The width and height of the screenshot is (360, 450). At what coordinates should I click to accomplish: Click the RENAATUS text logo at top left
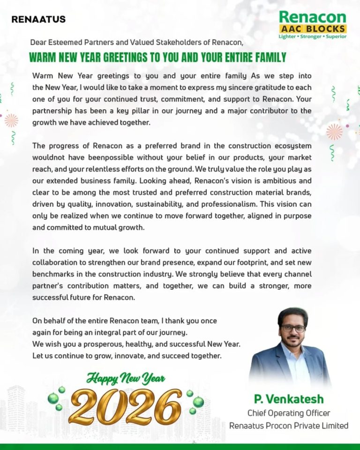[x=38, y=20]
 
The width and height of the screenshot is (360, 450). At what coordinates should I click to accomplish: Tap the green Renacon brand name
[x=312, y=18]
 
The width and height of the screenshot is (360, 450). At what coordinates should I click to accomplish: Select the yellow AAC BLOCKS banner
[x=312, y=28]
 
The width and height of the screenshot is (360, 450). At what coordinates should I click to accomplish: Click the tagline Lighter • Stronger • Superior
[x=312, y=36]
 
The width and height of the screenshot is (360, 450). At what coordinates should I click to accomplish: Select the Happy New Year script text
[x=126, y=378]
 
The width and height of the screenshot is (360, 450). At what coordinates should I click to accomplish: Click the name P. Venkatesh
[x=289, y=399]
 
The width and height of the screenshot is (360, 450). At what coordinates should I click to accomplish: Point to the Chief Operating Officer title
[x=289, y=413]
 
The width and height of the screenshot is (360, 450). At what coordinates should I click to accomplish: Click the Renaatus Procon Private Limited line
[x=289, y=426]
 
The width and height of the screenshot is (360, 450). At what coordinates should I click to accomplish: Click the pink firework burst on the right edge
[x=334, y=132]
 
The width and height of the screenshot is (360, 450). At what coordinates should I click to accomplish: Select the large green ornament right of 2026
[x=199, y=402]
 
